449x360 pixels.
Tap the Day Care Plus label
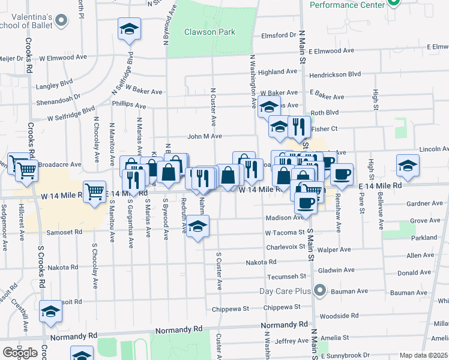(x=288, y=292)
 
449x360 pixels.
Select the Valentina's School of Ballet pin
(x=61, y=22)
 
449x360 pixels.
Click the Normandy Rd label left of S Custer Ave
(x=178, y=330)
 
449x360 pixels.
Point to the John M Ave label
(x=205, y=137)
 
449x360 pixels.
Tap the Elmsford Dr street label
(x=279, y=35)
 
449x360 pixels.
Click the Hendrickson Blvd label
(x=335, y=74)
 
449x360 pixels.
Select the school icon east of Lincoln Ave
(x=408, y=165)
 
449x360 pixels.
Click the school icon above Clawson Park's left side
(x=128, y=29)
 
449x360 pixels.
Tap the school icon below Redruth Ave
(x=197, y=227)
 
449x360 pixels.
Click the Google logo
(x=20, y=352)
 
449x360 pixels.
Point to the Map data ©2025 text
(x=423, y=355)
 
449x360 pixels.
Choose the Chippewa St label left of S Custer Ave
(x=231, y=308)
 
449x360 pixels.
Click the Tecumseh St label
(x=286, y=277)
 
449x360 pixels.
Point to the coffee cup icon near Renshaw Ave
(x=342, y=175)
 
